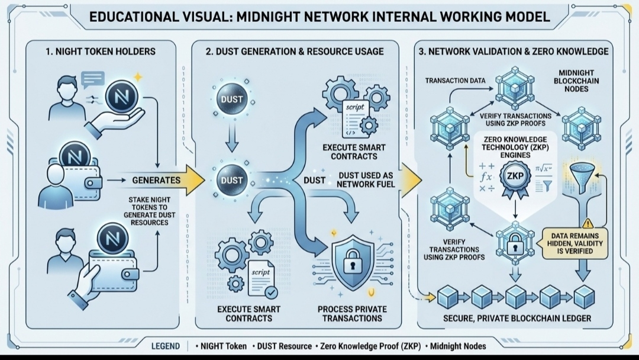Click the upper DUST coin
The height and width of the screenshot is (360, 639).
(232, 99)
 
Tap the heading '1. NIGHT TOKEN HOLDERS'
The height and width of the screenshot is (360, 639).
(101, 52)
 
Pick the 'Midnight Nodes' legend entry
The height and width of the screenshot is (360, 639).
(458, 346)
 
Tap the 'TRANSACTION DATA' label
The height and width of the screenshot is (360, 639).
(455, 81)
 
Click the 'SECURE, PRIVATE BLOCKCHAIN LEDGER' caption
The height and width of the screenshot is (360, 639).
(517, 319)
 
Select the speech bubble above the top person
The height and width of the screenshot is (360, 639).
(93, 79)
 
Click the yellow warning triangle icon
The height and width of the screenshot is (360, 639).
(588, 223)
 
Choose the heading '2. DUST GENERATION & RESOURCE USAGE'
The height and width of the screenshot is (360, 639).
(295, 52)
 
